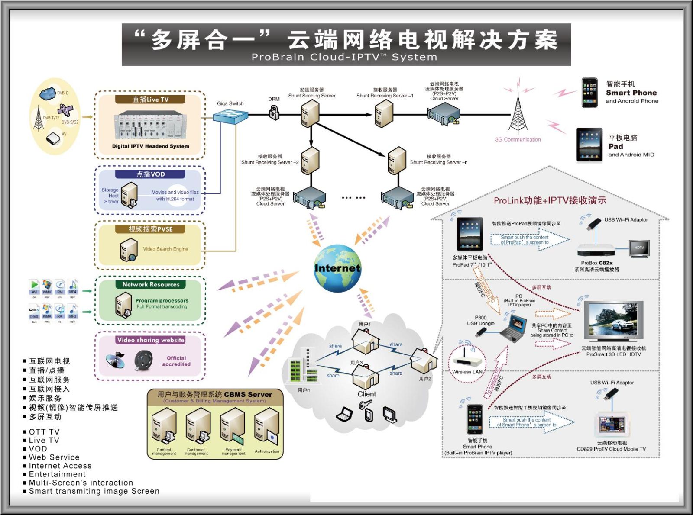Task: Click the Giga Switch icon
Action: click(x=230, y=116)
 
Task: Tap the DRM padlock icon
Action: click(x=274, y=113)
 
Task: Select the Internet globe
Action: click(x=337, y=268)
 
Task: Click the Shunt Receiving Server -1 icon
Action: click(x=384, y=113)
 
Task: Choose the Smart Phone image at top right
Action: click(x=589, y=93)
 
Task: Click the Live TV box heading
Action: click(x=150, y=100)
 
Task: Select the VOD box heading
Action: click(x=150, y=174)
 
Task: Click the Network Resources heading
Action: click(x=150, y=284)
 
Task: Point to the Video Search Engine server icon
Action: click(x=129, y=250)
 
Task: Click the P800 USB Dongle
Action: click(x=481, y=332)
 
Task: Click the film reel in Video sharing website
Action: click(x=143, y=360)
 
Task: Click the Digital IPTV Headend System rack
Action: click(x=150, y=126)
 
